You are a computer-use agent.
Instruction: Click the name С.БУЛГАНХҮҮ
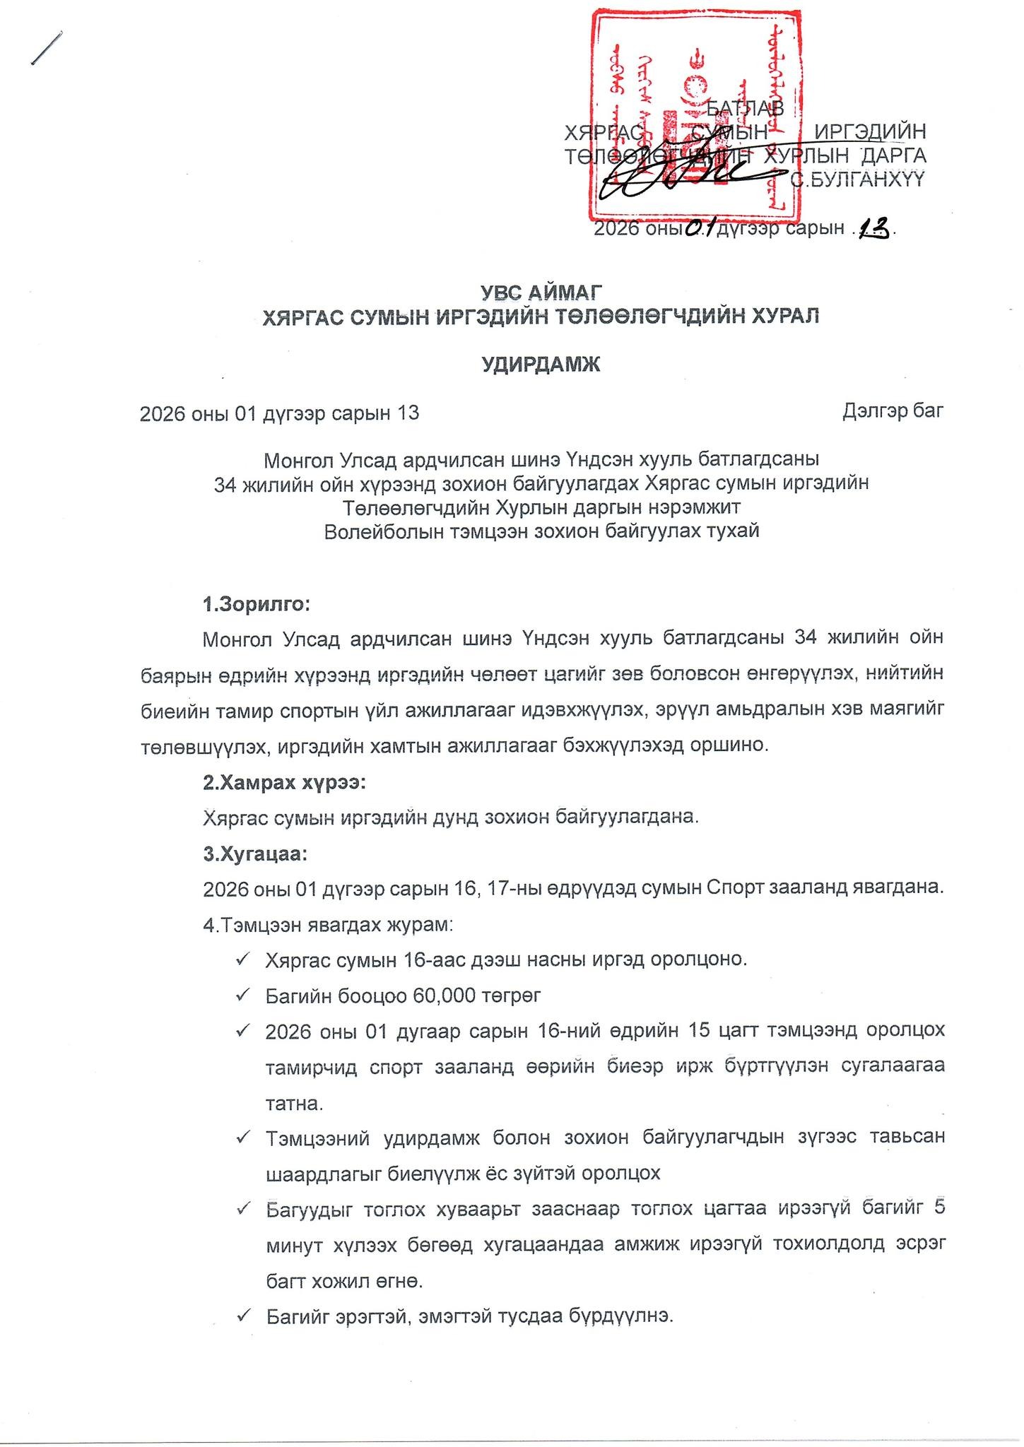(x=857, y=180)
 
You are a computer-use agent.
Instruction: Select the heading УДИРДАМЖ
(x=541, y=365)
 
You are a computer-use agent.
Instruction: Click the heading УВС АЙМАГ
(x=541, y=292)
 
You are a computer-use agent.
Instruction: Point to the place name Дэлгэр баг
(x=893, y=411)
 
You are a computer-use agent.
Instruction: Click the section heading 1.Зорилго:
(x=257, y=605)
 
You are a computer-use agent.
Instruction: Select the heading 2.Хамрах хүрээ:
(x=284, y=783)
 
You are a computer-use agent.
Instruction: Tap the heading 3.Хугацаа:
(x=255, y=854)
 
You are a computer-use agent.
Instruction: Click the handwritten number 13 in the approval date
(x=873, y=228)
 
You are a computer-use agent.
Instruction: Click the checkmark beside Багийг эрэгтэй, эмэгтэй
(x=245, y=1316)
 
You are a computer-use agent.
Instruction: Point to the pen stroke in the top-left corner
(x=47, y=48)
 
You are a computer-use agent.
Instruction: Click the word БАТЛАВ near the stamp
(x=745, y=108)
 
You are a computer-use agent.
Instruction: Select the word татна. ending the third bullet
(x=294, y=1103)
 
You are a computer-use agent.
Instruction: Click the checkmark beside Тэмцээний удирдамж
(x=245, y=1138)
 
